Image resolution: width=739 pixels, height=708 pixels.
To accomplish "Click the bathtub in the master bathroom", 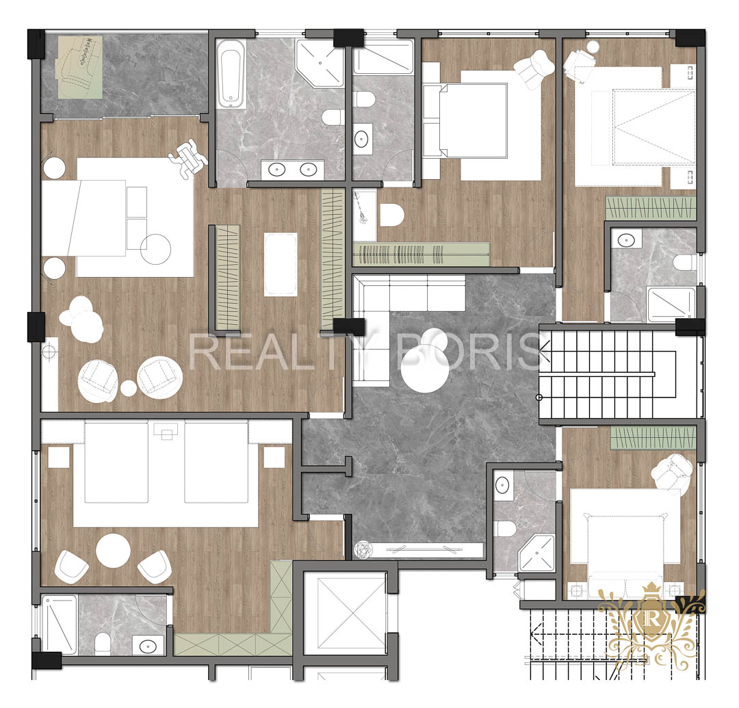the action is click(231, 73).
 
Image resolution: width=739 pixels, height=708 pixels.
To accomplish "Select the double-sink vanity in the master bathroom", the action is click(293, 169).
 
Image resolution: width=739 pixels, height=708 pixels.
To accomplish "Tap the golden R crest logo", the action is click(651, 622).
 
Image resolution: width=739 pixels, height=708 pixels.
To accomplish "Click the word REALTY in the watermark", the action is click(269, 351).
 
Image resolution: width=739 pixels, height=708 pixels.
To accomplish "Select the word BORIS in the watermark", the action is click(471, 351).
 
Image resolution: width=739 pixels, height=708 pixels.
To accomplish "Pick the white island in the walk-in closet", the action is click(281, 264).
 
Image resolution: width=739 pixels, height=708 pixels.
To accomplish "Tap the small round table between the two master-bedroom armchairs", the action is click(129, 388).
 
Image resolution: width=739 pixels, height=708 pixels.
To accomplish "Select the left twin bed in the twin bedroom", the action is click(116, 462).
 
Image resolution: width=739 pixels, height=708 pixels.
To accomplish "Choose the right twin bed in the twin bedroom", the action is click(216, 462).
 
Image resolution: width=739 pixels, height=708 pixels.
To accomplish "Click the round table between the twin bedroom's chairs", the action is click(113, 550).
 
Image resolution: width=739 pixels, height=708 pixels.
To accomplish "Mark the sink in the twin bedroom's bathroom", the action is click(148, 645).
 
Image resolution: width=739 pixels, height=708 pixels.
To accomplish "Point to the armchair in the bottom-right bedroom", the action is click(672, 473).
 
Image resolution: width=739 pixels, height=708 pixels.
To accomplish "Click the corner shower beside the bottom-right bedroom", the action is click(537, 553).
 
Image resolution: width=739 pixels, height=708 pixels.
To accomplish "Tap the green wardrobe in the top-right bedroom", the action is click(651, 208).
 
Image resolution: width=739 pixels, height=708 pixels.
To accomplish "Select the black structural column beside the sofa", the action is click(349, 327).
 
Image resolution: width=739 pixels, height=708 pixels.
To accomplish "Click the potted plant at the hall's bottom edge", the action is click(363, 550).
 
